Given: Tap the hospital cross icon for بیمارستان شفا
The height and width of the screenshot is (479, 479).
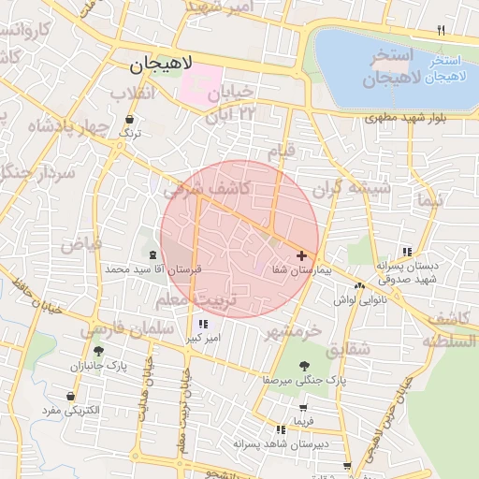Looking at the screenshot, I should point(301,255).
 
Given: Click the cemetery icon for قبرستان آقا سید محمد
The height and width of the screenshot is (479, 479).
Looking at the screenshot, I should point(152,254).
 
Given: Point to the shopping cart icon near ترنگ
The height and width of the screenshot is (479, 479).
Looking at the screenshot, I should point(128,120).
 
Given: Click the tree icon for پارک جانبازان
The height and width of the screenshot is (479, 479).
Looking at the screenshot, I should point(98,351).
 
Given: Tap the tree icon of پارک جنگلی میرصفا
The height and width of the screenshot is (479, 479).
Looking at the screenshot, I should point(304,366).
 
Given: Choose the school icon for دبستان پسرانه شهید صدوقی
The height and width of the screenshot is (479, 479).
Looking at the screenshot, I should point(406,252).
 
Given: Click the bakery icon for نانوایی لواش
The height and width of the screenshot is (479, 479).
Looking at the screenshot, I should point(359,286).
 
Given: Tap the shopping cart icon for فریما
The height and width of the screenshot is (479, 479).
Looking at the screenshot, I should point(303,408).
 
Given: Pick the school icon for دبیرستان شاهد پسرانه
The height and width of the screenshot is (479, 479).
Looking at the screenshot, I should point(279,429).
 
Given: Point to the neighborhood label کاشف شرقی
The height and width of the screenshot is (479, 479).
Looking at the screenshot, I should point(206,189).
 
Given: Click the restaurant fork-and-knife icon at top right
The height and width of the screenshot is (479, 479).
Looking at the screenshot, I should point(441,31).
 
